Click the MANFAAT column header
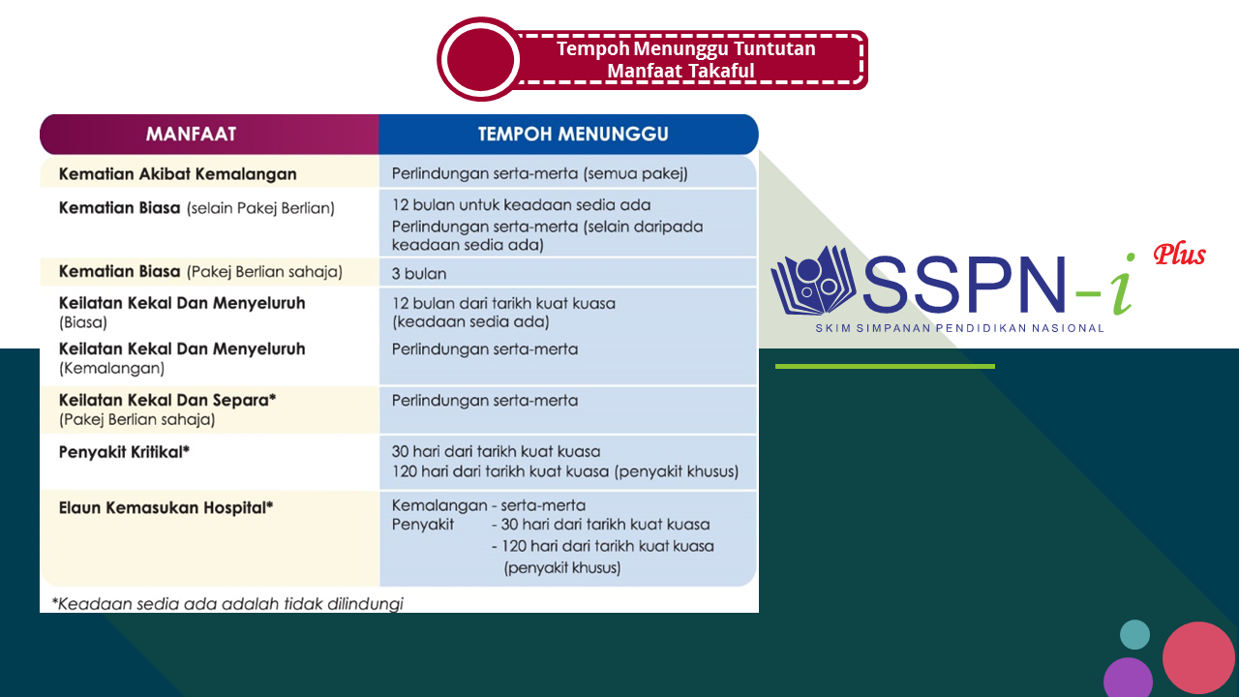click(191, 134)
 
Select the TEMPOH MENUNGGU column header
click(573, 134)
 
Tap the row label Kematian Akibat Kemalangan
click(177, 174)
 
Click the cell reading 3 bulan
click(419, 273)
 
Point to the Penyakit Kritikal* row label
click(124, 451)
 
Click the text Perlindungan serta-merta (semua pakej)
click(539, 174)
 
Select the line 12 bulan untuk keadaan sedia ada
click(521, 205)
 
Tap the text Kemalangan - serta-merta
click(488, 505)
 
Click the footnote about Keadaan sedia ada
click(227, 603)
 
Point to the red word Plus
click(1178, 256)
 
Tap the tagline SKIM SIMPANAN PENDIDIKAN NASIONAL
click(959, 328)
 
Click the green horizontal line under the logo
click(885, 366)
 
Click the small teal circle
click(1134, 635)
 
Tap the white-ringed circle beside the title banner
click(481, 59)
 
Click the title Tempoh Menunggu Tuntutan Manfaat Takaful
click(685, 59)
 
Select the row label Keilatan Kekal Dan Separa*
click(167, 399)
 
